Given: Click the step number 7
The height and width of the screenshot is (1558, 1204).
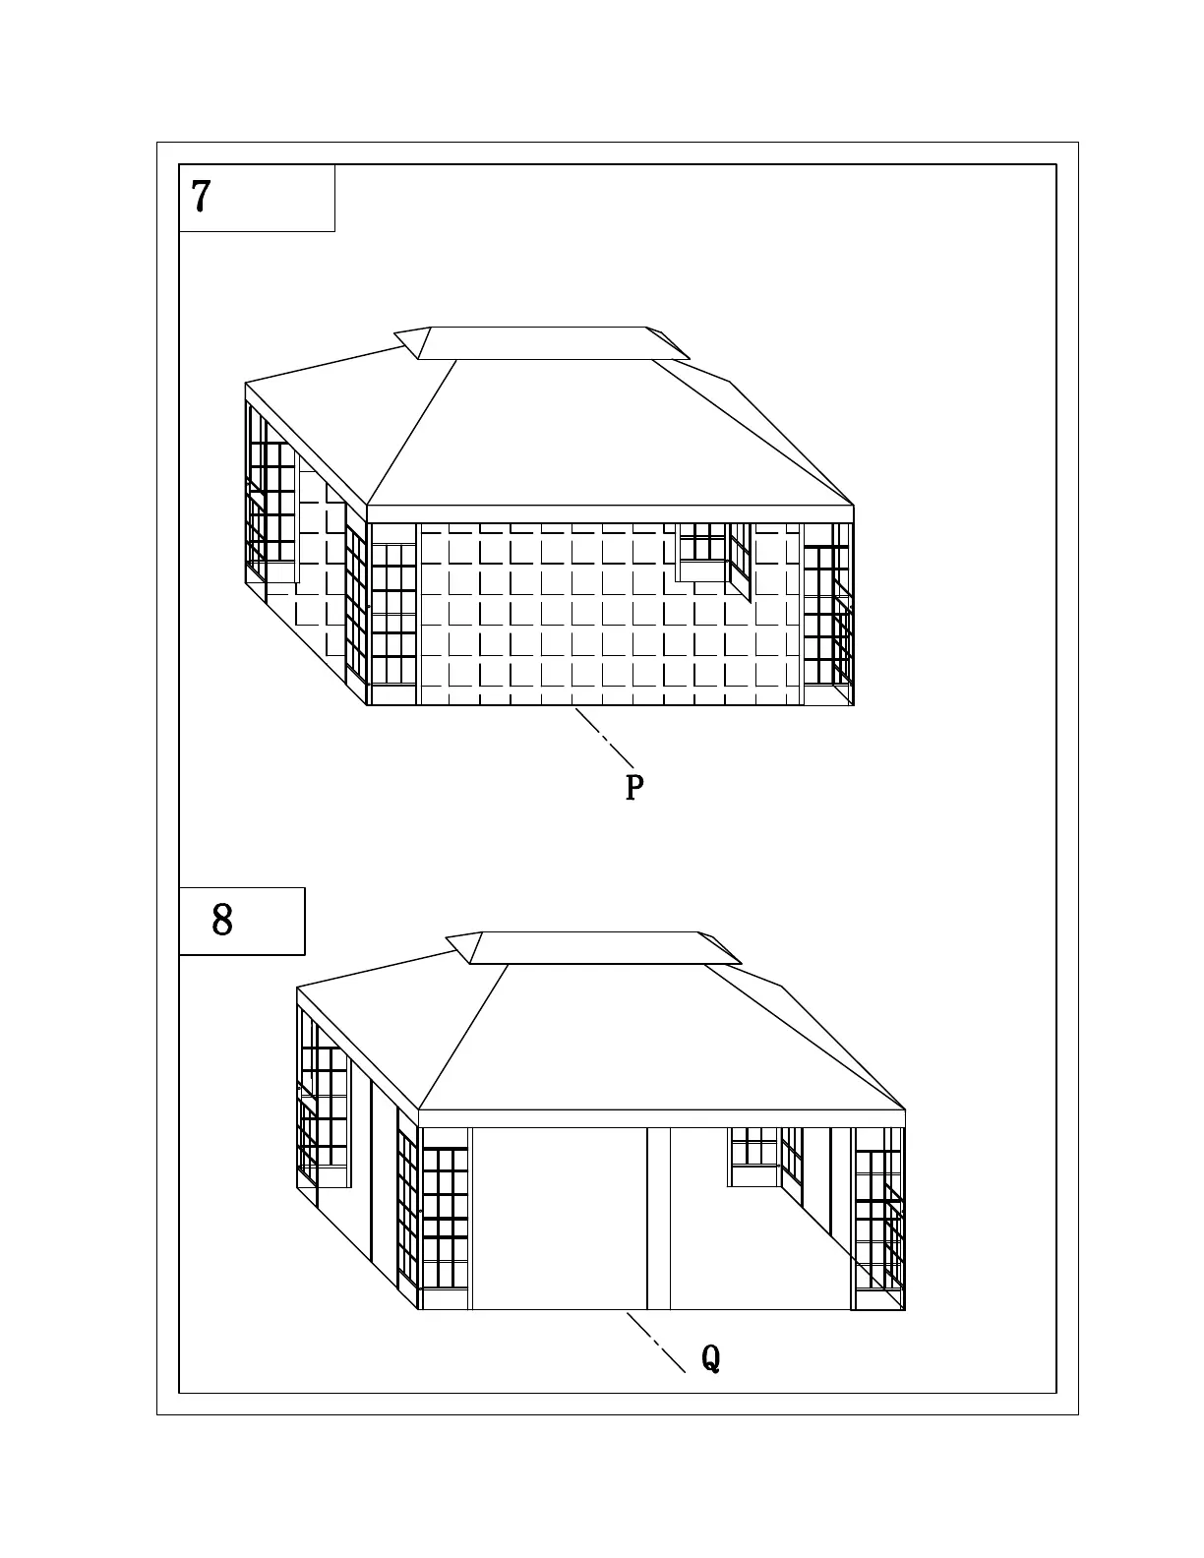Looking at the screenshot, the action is [202, 197].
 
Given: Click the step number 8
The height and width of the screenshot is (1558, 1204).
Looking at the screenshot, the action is [222, 921].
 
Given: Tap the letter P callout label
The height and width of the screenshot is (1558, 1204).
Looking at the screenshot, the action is [634, 788].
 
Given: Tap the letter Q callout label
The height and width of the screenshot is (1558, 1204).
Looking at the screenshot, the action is [710, 1359].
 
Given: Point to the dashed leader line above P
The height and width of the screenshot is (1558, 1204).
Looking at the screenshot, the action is [604, 738].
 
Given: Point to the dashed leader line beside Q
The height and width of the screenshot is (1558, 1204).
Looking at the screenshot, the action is [656, 1342].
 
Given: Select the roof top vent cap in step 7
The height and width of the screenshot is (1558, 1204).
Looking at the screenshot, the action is [541, 342].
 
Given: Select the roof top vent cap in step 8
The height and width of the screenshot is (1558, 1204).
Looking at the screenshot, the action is [592, 947].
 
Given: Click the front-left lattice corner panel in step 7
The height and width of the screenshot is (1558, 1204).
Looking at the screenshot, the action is [393, 615].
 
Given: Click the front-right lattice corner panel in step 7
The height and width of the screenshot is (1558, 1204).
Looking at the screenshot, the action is [827, 615].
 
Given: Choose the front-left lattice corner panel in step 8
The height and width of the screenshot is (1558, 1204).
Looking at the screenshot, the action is [445, 1220].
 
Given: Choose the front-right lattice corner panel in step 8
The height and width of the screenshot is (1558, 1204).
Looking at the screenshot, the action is [878, 1220].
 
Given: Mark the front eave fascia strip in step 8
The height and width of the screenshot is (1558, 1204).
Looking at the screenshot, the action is [661, 1118].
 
